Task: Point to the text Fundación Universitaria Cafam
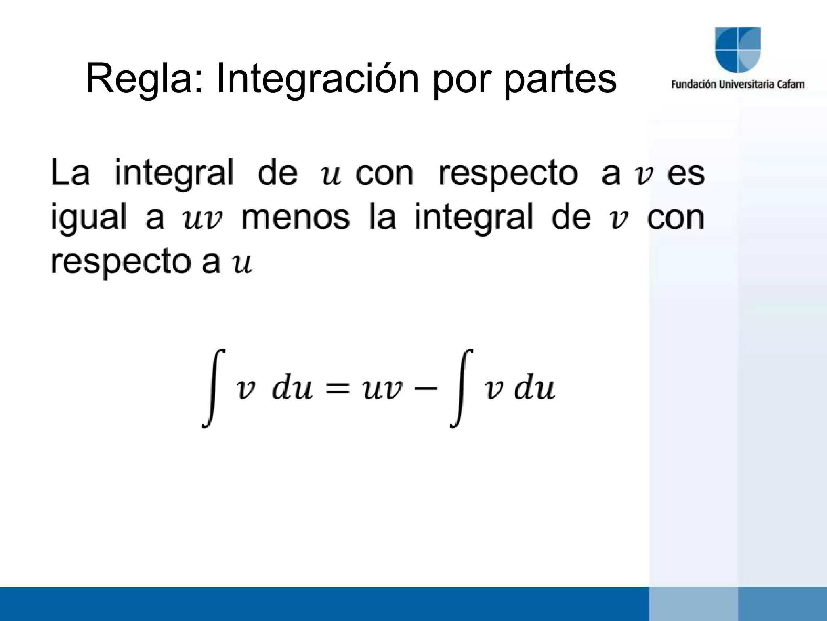pos(738,85)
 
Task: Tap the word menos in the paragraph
pos(295,218)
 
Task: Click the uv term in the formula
pos(382,390)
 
